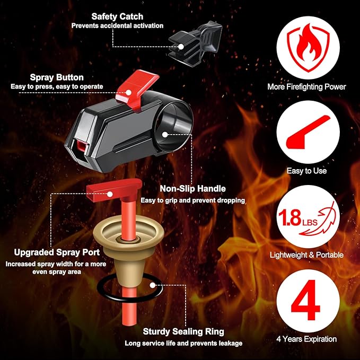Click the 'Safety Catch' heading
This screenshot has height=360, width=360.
point(117,16)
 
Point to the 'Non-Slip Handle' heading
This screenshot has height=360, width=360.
point(192,189)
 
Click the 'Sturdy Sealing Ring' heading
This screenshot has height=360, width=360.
point(183,332)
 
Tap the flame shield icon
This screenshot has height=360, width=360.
point(308,46)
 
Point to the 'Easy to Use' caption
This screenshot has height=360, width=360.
point(307,171)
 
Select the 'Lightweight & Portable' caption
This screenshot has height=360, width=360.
point(308,255)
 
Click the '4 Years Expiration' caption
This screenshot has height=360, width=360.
point(308,339)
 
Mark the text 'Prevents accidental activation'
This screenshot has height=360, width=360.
point(117,25)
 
